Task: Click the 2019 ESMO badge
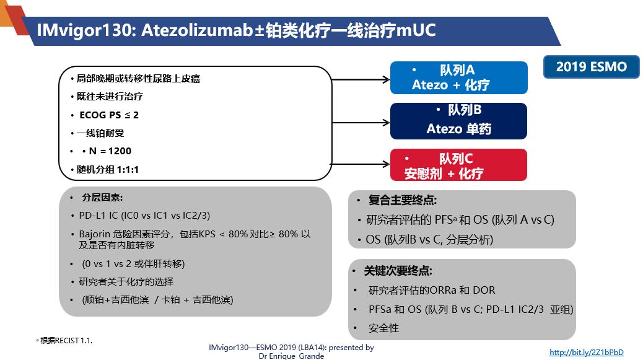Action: [x=591, y=67]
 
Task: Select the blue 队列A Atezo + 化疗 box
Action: [x=459, y=77]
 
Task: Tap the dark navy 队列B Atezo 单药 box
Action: [x=458, y=121]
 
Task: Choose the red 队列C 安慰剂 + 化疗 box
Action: [x=458, y=165]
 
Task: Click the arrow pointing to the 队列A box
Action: [x=361, y=79]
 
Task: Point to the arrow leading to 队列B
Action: [x=361, y=122]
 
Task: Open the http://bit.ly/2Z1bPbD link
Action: [x=587, y=352]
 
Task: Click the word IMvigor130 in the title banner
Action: [x=84, y=30]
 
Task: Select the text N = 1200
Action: [x=110, y=151]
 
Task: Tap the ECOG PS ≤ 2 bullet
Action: [x=109, y=115]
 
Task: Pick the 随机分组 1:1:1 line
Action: [x=107, y=169]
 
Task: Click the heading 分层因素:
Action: [x=102, y=198]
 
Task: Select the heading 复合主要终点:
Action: [x=402, y=200]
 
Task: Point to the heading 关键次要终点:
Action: [x=398, y=271]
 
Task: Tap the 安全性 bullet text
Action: [x=383, y=328]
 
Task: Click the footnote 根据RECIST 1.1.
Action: [x=66, y=340]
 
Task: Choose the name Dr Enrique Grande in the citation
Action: [x=291, y=356]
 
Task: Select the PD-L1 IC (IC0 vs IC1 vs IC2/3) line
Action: [x=144, y=216]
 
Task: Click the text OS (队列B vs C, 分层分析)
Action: [x=429, y=239]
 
